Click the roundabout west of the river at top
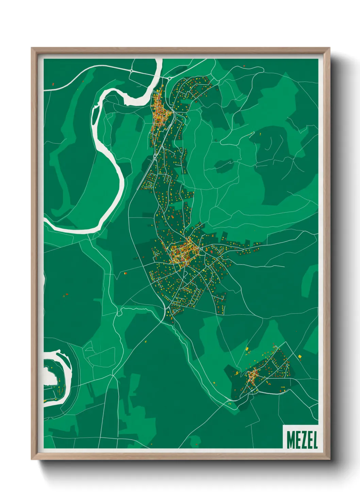tap(131, 70)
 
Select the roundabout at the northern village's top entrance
tap(169, 79)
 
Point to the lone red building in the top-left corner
tap(53, 83)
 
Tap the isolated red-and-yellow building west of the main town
tap(125, 272)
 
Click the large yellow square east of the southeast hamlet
tap(300, 356)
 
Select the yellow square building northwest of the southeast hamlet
tap(247, 349)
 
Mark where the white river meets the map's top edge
tap(159, 60)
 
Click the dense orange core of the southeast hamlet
tap(252, 376)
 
